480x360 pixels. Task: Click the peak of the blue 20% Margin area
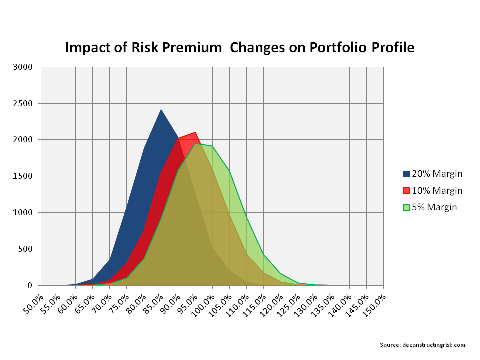161,109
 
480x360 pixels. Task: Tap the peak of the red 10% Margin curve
195,132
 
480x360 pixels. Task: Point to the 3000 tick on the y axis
24,67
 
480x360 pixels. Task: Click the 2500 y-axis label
24,104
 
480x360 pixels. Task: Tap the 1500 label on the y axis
24,176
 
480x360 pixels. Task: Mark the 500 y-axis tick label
26,249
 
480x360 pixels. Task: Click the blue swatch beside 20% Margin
406,174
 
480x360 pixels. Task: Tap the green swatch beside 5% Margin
406,207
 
